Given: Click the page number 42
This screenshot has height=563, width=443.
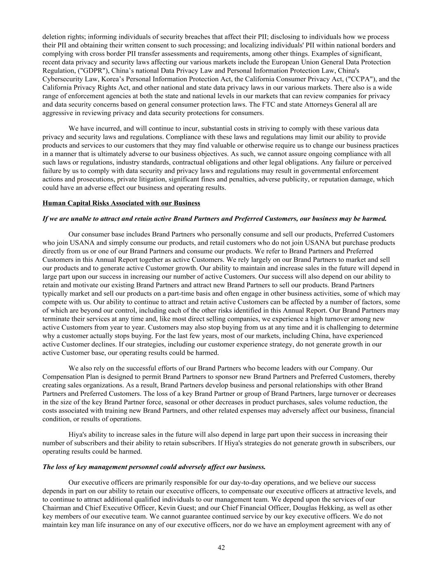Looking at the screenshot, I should pos(221,548).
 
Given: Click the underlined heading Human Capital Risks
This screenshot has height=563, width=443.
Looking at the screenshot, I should pos(121,203).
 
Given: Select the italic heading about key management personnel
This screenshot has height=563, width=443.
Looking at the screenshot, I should pos(154,467).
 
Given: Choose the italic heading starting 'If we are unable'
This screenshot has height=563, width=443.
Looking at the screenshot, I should pos(215,219).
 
